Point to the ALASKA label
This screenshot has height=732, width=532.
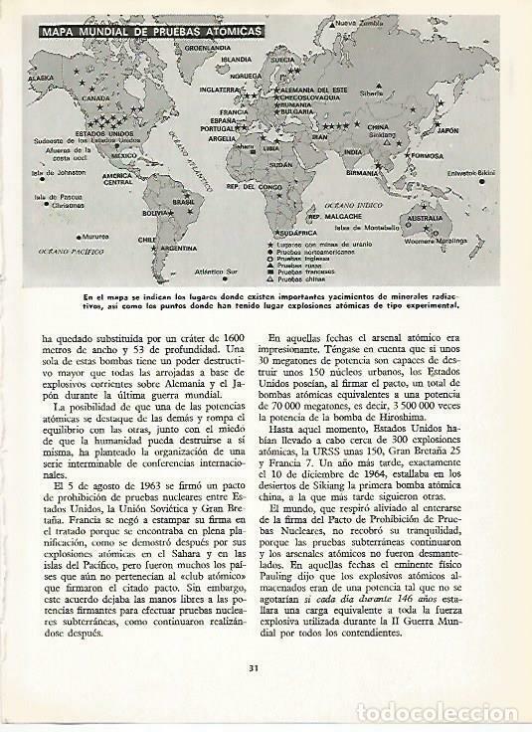pos(41,77)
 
